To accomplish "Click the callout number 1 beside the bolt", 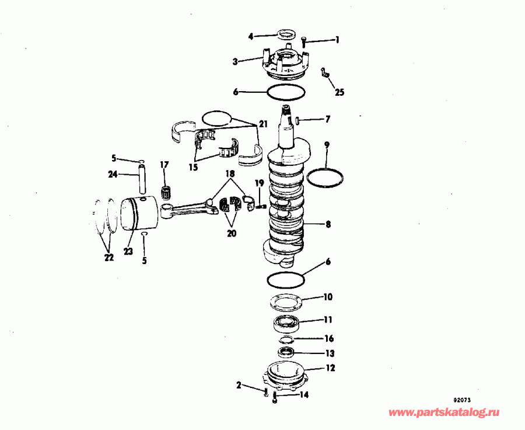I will click(336, 40).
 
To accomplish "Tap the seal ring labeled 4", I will click(285, 33).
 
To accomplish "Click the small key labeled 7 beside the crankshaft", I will click(297, 120).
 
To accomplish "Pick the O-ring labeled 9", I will click(325, 178).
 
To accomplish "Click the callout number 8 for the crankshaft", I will click(328, 224).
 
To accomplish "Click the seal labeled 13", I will click(285, 352).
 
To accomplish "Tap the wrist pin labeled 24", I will click(142, 180).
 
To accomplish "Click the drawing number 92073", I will click(463, 401).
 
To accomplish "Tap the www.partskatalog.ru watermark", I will click(444, 412).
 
